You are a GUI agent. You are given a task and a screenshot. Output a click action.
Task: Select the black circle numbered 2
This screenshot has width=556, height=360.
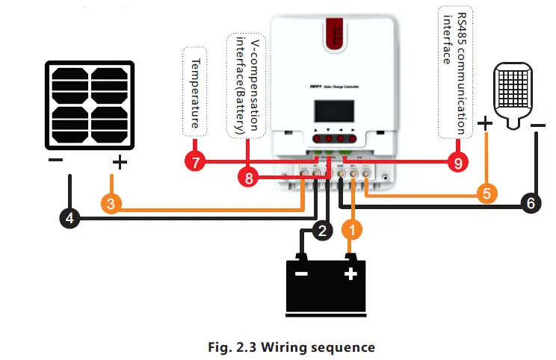[x=322, y=231]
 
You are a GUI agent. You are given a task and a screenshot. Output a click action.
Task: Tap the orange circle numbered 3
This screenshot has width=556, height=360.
[x=110, y=203]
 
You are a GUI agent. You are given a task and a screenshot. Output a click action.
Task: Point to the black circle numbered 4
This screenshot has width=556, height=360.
[x=69, y=219]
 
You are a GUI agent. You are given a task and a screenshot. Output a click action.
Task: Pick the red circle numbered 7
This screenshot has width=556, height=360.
[x=196, y=162]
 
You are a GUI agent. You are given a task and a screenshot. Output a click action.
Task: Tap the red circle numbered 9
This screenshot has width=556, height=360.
[x=455, y=162]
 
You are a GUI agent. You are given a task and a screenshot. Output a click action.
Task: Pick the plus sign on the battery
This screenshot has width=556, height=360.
[x=350, y=274]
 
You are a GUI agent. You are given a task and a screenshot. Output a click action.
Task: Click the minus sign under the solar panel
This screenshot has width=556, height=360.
[x=55, y=161]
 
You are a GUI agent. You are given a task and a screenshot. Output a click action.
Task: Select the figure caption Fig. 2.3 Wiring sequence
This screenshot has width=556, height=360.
[x=290, y=347]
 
